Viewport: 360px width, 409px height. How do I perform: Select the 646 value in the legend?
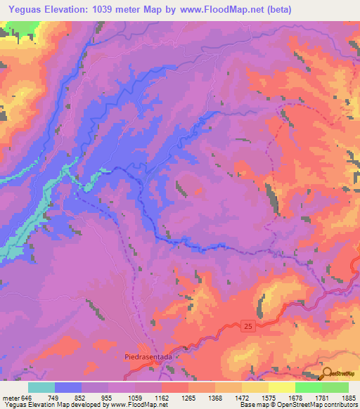tap(27, 398)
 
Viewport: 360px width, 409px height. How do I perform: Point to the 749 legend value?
tap(53, 398)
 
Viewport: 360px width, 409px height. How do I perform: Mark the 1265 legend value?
tap(188, 398)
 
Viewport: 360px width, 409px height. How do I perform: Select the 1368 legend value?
tap(214, 398)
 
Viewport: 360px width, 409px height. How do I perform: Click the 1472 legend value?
tap(241, 398)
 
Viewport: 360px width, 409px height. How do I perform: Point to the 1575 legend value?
tap(268, 398)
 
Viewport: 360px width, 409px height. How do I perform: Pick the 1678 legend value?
tap(295, 398)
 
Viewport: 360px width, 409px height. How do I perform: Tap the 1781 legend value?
tap(321, 398)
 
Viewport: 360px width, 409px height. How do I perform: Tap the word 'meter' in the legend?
tap(11, 398)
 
